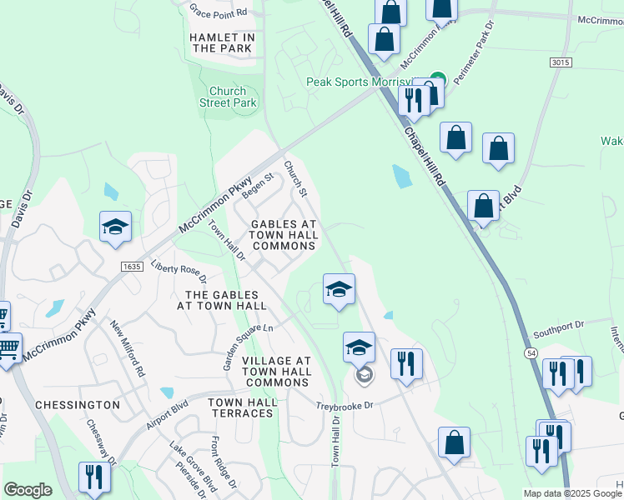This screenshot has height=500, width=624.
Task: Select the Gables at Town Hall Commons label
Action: (284, 235)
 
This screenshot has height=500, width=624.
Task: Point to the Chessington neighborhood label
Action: (78, 404)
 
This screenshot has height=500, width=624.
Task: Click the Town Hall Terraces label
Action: (243, 408)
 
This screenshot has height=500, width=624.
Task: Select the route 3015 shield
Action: (561, 62)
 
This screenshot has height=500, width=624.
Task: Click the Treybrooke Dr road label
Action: (347, 406)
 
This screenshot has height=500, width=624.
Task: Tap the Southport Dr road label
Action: (561, 327)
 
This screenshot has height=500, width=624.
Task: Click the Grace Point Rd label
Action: (219, 12)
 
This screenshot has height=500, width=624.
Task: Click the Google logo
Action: (28, 490)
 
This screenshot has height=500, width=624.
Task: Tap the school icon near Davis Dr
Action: (116, 227)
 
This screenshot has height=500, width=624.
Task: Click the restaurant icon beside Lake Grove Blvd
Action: (93, 476)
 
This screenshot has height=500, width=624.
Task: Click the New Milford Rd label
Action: (128, 349)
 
